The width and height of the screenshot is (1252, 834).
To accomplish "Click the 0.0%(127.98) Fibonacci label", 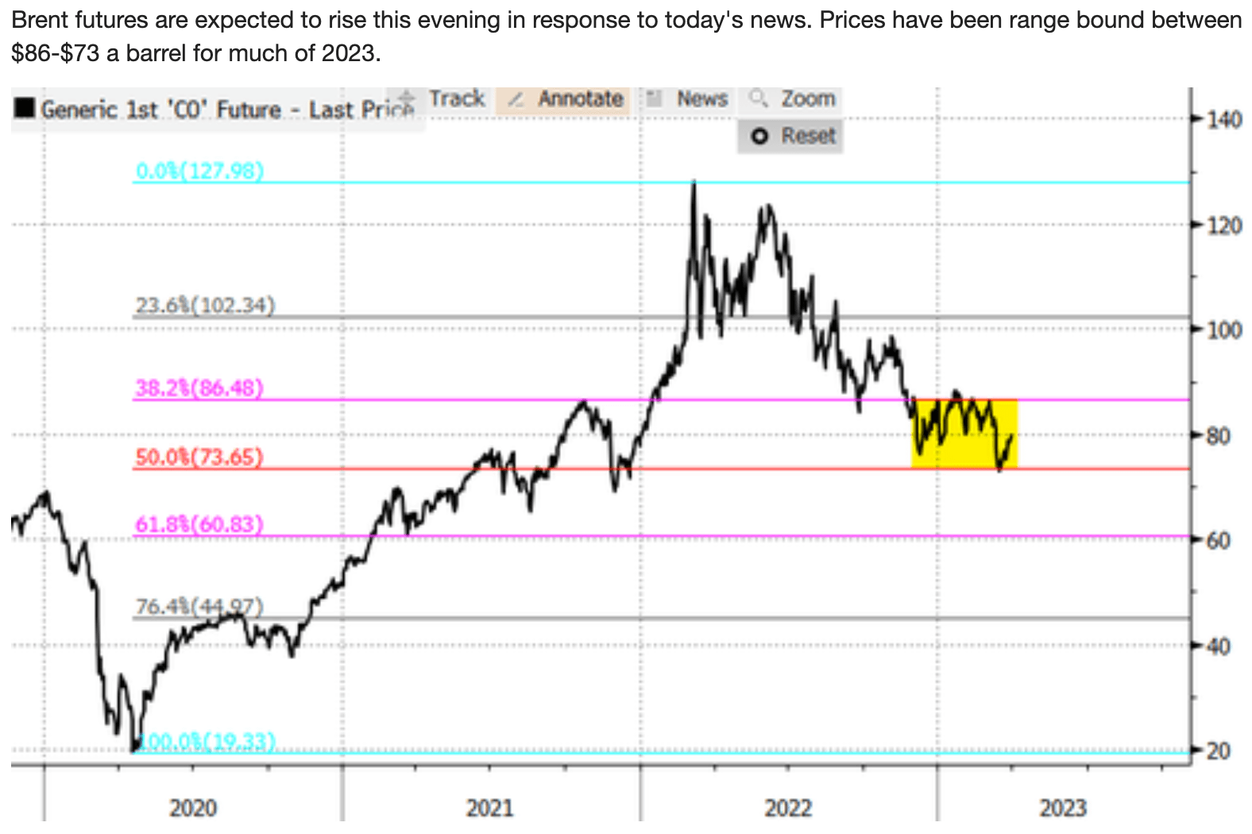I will point(199,172).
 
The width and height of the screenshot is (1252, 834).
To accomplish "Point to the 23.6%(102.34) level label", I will point(204,306).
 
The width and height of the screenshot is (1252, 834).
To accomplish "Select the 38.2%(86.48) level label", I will point(199,388).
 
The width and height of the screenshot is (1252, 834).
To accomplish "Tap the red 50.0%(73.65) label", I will point(199,458).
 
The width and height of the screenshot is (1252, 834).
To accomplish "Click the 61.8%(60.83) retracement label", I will point(199,525).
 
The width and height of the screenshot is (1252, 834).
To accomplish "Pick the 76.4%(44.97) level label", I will point(199,607).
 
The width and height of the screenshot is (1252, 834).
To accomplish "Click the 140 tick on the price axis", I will point(1224,121).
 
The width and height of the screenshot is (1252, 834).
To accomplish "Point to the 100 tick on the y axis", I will point(1224,330).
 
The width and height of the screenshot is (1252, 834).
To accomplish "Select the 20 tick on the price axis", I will point(1219,751).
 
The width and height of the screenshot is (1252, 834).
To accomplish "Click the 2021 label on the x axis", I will point(489,809).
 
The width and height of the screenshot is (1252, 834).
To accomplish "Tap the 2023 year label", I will point(1063,809).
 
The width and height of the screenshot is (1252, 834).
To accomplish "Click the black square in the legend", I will point(25,108).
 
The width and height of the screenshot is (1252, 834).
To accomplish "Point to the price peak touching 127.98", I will point(694,184).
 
